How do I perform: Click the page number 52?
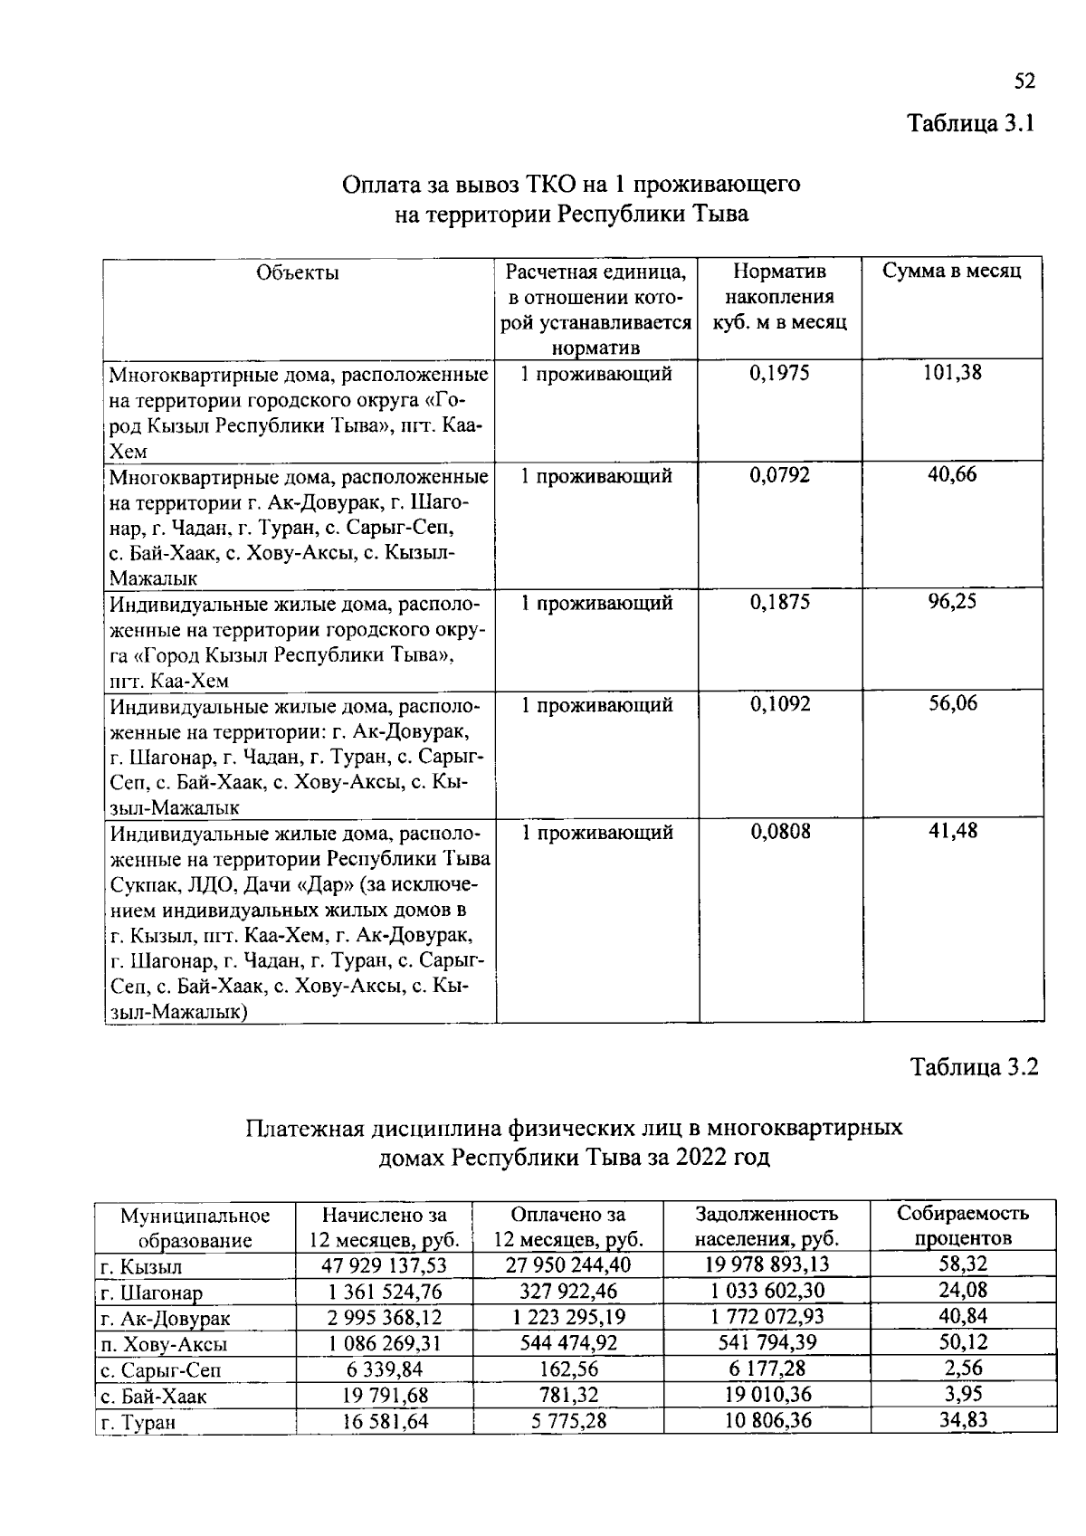pos(1024,81)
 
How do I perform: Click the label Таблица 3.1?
pos(971,123)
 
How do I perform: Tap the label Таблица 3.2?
pos(974,1067)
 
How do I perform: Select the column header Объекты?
pos(298,272)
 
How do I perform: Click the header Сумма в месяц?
pos(952,272)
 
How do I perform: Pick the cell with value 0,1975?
pos(779,373)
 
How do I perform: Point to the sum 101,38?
pos(952,372)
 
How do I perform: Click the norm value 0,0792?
pos(779,475)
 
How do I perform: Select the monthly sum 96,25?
pos(952,602)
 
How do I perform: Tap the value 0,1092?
pos(779,704)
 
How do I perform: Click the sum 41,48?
pos(953,831)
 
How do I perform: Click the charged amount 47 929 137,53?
pos(385,1264)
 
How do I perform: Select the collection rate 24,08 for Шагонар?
pos(963,1290)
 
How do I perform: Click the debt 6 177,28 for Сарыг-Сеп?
pos(767,1369)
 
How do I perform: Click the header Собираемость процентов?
pos(963,1226)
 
